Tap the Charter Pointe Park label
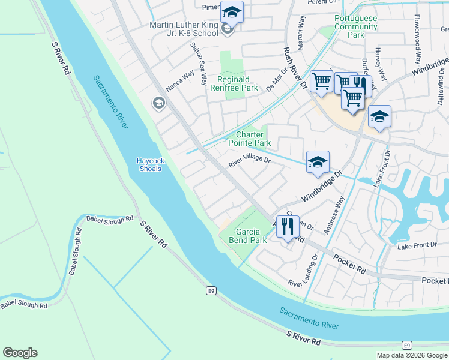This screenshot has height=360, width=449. [249, 139]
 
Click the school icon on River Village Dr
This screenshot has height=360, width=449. [318, 161]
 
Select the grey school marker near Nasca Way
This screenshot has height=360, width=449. [158, 103]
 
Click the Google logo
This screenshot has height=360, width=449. [20, 353]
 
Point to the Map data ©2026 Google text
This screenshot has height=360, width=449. [411, 355]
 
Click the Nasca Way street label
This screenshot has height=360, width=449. [180, 80]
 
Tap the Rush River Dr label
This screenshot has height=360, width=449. [295, 69]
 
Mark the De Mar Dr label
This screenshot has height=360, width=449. [277, 77]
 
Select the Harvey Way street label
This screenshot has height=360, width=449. [379, 62]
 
